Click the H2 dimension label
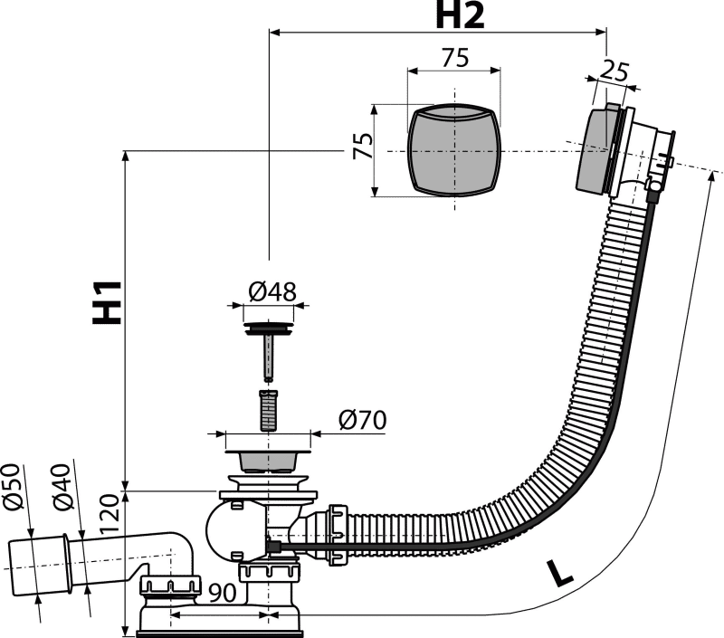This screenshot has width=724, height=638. coord(461,17)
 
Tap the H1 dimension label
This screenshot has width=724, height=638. coord(107,302)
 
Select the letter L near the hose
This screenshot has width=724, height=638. coord(559,573)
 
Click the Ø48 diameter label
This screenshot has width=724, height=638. coord(272,291)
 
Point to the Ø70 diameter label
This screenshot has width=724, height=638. coord(363,420)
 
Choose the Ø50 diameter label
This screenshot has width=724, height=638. coord(14,487)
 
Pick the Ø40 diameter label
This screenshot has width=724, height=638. coord(62,487)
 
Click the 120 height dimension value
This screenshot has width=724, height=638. coord(110,514)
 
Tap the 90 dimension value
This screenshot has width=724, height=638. coord(223,594)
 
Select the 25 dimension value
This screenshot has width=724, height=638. coord(614,71)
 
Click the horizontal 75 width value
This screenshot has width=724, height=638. coord(455,58)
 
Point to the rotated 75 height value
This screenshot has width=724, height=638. coord(363,146)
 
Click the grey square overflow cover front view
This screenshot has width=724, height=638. coord(455,150)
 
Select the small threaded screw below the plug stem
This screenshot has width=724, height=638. coord(268,410)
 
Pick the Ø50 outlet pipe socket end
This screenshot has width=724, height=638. coord(39,566)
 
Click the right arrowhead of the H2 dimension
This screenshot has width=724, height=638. coord(601,32)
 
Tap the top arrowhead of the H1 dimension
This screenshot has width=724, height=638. coord(125,156)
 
